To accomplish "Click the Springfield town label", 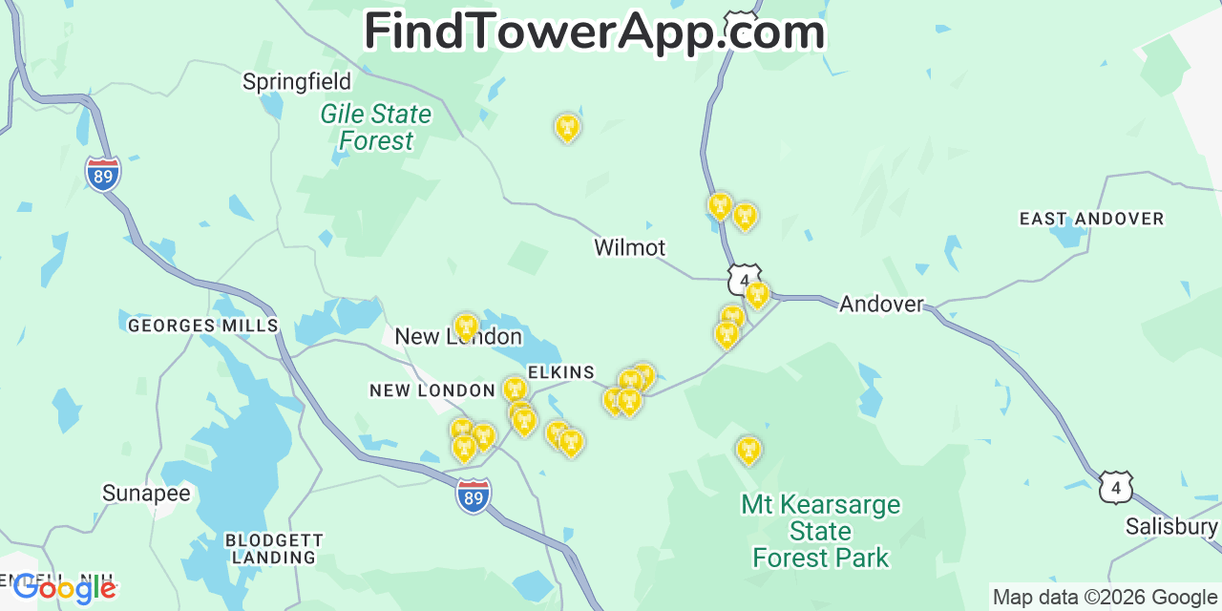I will point(297,82).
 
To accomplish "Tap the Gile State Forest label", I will point(376,127).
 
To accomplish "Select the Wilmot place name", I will point(629,248).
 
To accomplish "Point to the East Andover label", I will point(1091,220).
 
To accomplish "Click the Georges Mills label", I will point(203,327).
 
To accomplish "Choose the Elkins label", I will point(561,373).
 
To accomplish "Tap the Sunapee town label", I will point(147,494).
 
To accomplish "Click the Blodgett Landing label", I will point(274,549).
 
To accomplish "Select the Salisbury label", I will point(1171,527).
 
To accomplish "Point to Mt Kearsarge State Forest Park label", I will point(821,531).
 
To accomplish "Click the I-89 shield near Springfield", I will point(102,174).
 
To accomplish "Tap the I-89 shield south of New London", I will point(474,496).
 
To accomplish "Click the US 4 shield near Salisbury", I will point(1115,487).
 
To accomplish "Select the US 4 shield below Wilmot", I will point(744,280).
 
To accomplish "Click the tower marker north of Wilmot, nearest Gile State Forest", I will point(567,127).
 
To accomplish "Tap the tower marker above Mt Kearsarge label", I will point(748,450).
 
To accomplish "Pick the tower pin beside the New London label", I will point(466,327).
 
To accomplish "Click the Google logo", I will point(65,588).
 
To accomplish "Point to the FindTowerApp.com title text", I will point(594,32).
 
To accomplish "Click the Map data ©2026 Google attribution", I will point(1105,598).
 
